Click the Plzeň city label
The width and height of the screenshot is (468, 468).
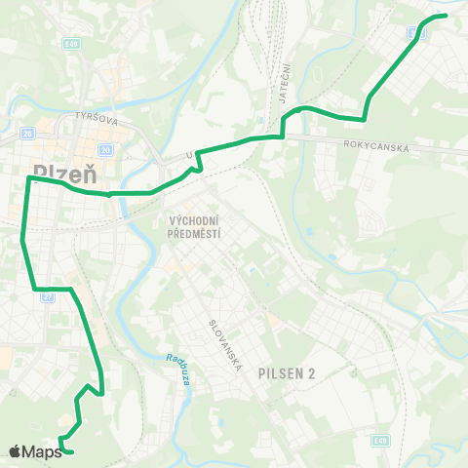(x=64, y=172)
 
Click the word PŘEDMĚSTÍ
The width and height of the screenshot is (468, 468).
(x=196, y=234)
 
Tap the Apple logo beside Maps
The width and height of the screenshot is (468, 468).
(x=16, y=450)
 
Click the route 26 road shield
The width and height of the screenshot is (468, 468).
(x=26, y=134)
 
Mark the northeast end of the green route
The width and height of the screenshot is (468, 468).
(x=445, y=16)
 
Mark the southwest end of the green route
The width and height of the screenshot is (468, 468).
(x=71, y=452)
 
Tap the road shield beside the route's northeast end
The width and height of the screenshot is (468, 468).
(x=418, y=32)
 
